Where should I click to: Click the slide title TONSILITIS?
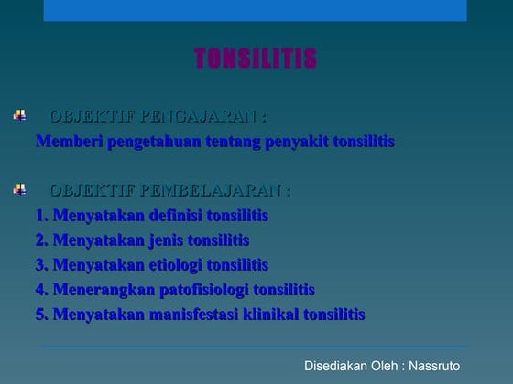point(256,60)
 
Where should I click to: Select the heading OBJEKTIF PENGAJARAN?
point(158,117)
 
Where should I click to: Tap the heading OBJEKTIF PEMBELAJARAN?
point(170,191)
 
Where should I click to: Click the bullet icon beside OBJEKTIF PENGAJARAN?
point(20,117)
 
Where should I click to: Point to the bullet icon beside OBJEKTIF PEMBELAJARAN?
point(20,190)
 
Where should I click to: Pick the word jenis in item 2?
point(164,240)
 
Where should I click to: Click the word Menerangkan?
point(98,290)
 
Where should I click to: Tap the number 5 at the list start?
point(41,315)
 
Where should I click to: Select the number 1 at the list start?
point(41,216)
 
